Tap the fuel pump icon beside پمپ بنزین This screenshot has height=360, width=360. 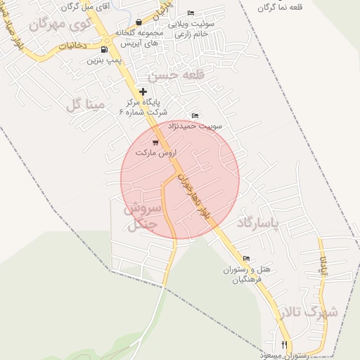(x=105, y=49)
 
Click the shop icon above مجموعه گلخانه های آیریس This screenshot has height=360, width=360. (x=139, y=22)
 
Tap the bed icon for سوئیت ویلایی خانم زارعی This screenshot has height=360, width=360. (x=191, y=13)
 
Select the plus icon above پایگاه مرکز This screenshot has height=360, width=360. (x=143, y=91)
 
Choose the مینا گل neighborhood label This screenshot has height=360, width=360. (x=85, y=106)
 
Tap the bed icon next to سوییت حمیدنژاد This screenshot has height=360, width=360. (x=195, y=116)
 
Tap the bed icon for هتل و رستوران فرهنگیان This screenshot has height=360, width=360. (x=245, y=258)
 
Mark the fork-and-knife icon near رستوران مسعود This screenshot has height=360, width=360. (x=285, y=345)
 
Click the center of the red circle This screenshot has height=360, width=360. (x=180, y=179)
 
